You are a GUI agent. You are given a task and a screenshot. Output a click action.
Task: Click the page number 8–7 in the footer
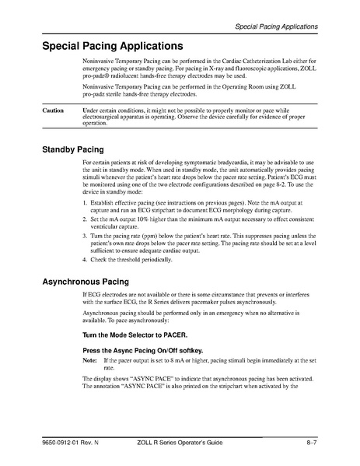(x=311, y=443)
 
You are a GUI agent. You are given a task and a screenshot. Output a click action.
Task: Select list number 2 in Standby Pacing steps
(x=85, y=220)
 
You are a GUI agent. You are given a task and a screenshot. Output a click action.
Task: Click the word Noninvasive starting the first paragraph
(x=100, y=61)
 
